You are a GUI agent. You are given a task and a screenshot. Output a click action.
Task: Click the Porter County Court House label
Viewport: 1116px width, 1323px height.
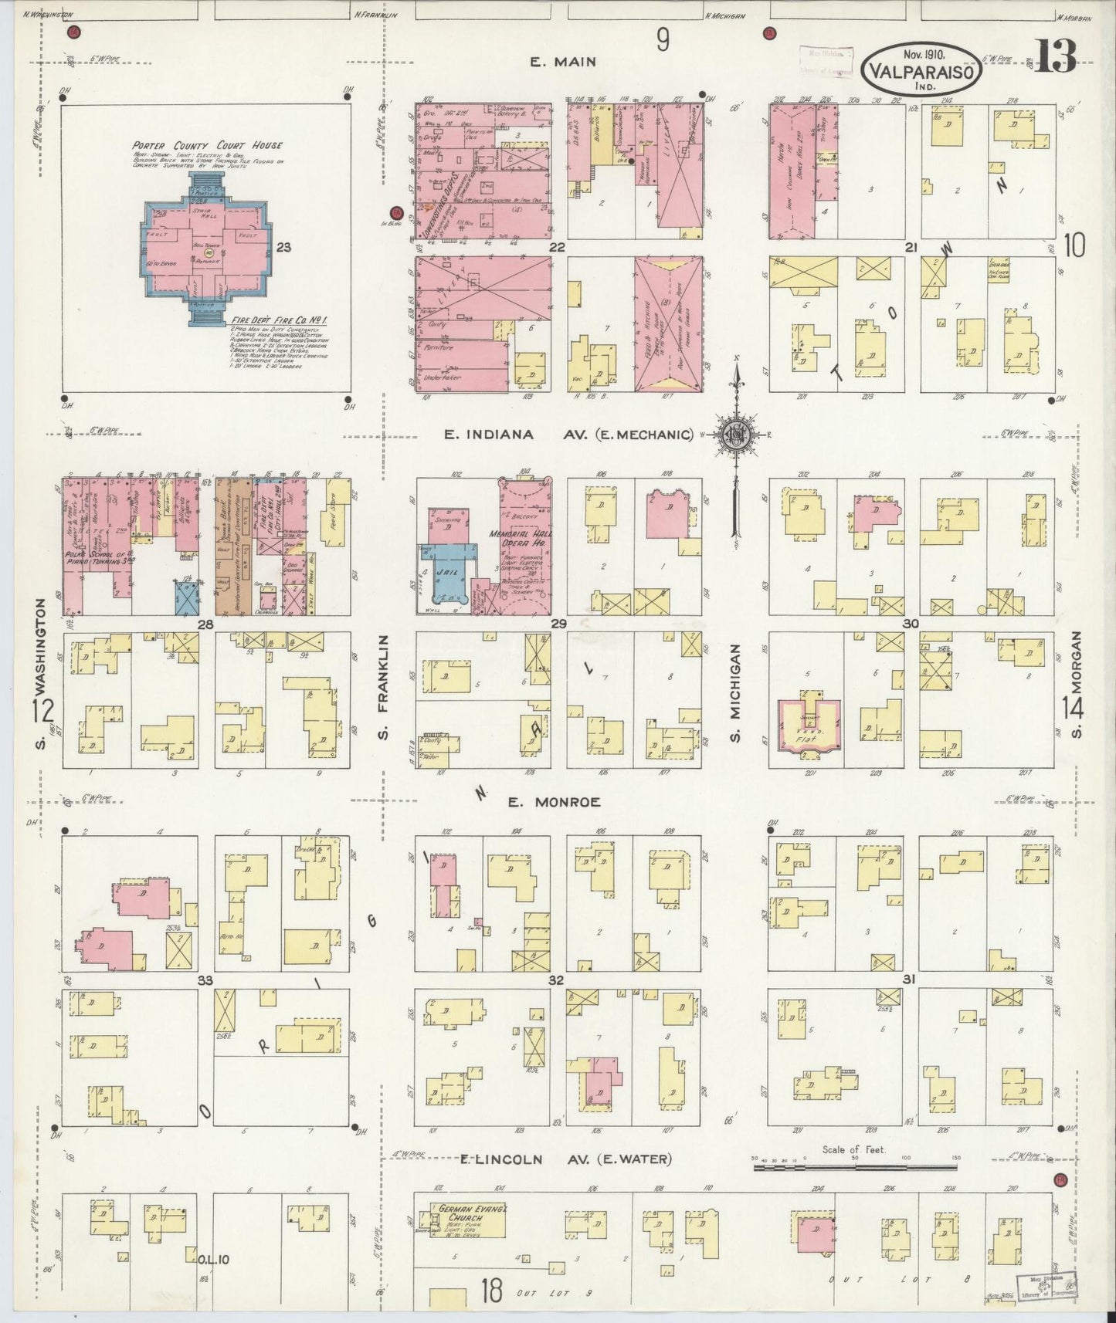pos(207,145)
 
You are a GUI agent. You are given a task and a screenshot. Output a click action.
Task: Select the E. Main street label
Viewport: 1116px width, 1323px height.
pos(565,63)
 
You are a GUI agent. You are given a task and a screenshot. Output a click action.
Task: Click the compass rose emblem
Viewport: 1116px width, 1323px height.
pos(735,434)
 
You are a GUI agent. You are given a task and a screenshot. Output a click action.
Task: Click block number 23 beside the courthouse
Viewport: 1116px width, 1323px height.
pos(283,248)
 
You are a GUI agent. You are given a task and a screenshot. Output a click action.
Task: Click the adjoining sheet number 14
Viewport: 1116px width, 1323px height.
pos(1073,708)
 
